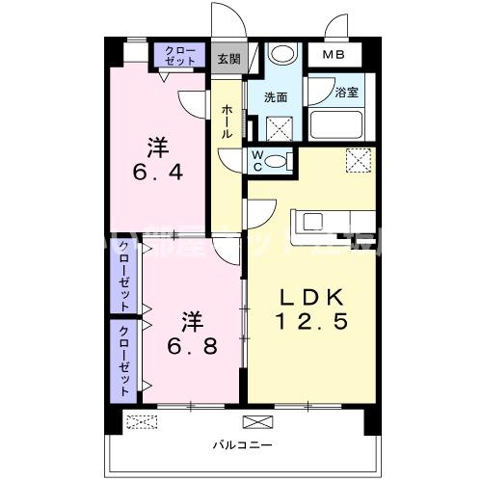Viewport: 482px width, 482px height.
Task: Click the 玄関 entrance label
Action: point(228,59)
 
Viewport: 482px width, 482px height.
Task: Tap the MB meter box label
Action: point(333,56)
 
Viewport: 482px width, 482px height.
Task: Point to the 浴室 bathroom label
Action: point(348,94)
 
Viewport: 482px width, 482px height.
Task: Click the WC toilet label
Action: point(258,160)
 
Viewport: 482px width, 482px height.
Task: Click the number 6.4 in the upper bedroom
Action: point(158,163)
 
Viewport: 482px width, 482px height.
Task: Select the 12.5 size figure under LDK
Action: point(312,321)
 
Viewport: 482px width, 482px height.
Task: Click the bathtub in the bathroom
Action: point(336,124)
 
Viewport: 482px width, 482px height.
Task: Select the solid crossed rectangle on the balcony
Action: point(257,420)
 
